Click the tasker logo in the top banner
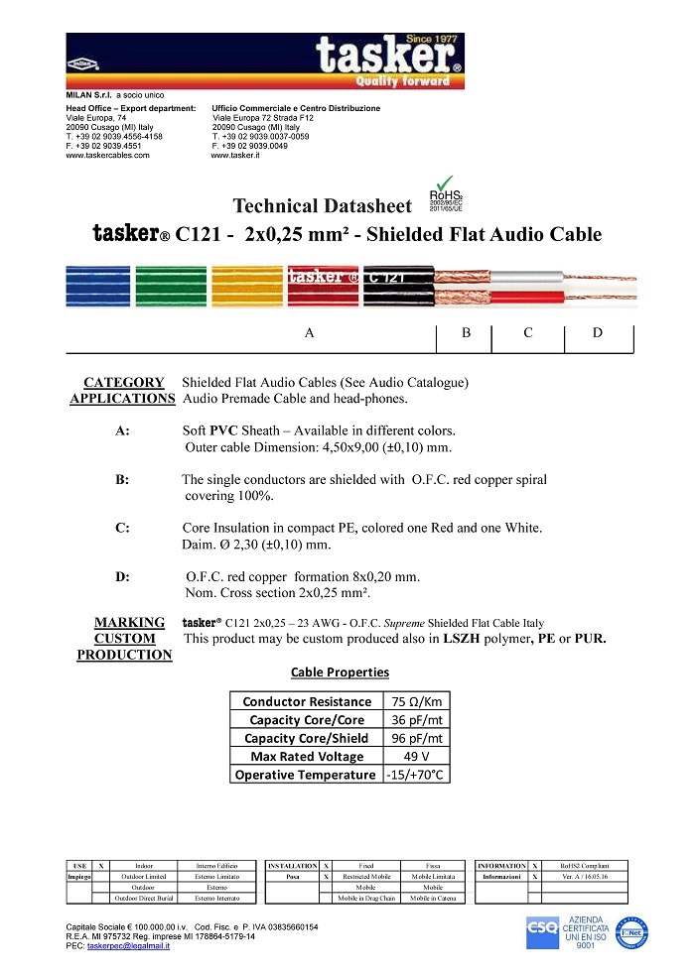388,58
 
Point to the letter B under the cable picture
466,333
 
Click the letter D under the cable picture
598,333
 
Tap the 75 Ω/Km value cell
416,701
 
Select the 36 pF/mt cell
416,720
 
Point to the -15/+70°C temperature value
416,775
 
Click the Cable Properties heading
340,672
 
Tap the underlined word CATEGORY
124,382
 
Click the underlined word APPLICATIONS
122,399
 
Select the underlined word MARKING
129,623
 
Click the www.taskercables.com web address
107,156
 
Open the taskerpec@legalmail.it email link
128,946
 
